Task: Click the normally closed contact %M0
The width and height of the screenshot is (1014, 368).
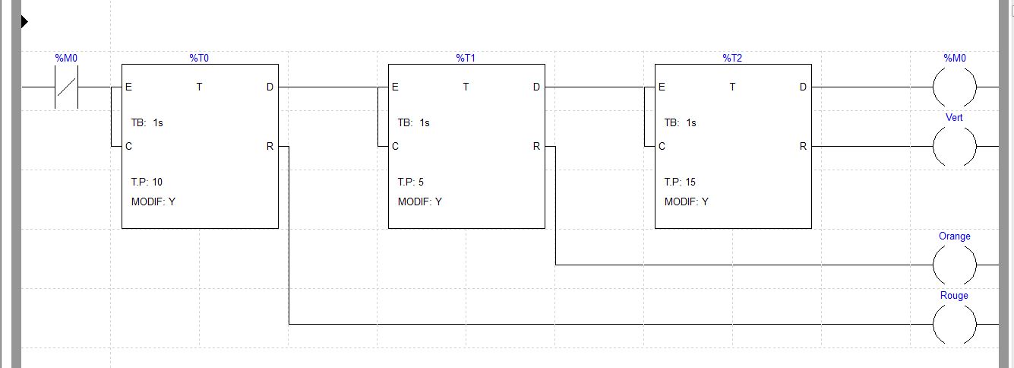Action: (x=66, y=87)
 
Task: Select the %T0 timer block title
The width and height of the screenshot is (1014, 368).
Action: (x=199, y=58)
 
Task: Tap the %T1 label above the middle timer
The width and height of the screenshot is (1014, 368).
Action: (x=466, y=58)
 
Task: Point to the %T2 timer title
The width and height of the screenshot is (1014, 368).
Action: (x=732, y=58)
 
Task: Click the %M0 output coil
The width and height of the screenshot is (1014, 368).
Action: (x=954, y=87)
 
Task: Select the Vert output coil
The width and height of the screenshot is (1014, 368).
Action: (x=954, y=146)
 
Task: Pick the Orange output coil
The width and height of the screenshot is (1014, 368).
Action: (x=954, y=265)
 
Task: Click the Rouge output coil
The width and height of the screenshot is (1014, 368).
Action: (x=954, y=324)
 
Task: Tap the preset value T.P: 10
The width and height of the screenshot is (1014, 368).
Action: (x=147, y=182)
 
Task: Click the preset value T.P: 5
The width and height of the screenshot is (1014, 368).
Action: (x=411, y=182)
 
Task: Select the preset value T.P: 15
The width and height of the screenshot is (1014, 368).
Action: (x=680, y=182)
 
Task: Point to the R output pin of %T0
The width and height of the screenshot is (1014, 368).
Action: (x=270, y=146)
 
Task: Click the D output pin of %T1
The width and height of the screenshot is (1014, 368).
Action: (x=536, y=87)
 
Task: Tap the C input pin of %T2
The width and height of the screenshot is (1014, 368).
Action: (x=662, y=146)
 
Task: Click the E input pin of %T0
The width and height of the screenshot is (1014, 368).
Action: (x=128, y=87)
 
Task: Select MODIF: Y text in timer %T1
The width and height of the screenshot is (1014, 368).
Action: (x=419, y=201)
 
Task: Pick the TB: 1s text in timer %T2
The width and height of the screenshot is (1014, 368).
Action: (x=680, y=122)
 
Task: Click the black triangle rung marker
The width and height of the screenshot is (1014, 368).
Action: (x=24, y=21)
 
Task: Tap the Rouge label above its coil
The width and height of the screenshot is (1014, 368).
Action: (x=954, y=295)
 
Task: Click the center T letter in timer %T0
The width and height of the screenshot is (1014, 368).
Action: (x=199, y=87)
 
